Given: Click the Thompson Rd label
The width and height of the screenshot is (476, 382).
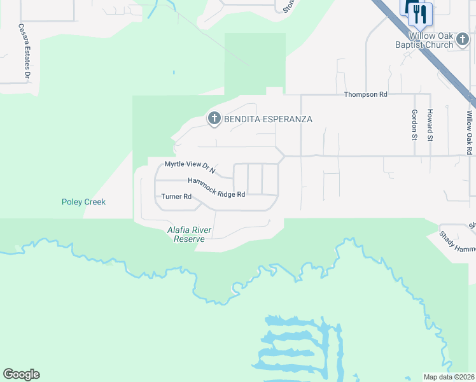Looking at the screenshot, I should click(365, 94).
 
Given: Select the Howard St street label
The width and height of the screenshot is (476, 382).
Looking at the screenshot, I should click(430, 125).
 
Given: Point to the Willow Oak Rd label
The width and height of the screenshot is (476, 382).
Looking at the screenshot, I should click(469, 132).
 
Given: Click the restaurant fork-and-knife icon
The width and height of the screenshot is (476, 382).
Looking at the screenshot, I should click(420, 14).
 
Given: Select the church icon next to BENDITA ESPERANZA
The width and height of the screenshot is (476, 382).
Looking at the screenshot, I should click(214, 118).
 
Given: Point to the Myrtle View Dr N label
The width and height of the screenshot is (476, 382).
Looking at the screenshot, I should click(190, 167).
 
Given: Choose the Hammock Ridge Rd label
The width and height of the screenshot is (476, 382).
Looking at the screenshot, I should click(216, 188).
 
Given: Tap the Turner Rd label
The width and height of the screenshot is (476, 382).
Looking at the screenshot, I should click(176, 197).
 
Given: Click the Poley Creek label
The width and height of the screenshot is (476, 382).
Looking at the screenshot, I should click(83, 202).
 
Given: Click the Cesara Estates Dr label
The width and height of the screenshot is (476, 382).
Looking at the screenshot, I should click(24, 52).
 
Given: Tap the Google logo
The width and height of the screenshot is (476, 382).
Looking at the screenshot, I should click(21, 374).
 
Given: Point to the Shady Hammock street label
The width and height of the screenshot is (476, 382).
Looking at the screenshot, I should click(457, 242).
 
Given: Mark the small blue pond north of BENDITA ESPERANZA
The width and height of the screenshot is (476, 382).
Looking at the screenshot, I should click(173, 72).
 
